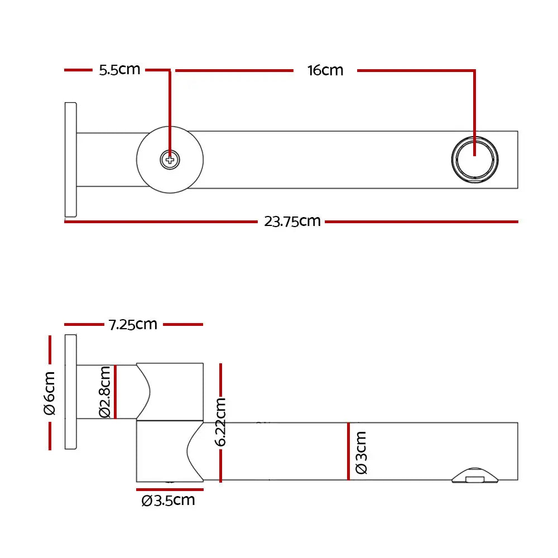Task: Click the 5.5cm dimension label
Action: (119, 70)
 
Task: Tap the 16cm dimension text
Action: (325, 70)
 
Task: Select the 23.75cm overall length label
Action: (292, 222)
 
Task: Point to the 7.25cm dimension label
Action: (133, 324)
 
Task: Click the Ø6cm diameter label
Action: (50, 393)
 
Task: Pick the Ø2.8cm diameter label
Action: (105, 392)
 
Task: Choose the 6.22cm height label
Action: (220, 422)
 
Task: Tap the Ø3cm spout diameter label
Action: (361, 453)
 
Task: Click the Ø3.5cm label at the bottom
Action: (168, 501)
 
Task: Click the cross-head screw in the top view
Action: (170, 160)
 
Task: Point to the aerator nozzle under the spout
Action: (475, 476)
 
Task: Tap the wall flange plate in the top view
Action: (70, 160)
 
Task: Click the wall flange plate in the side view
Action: (70, 392)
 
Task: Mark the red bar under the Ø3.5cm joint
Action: (170, 490)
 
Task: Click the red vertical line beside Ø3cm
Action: (348, 451)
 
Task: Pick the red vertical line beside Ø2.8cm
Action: (116, 392)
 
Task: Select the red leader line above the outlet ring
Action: (474, 113)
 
